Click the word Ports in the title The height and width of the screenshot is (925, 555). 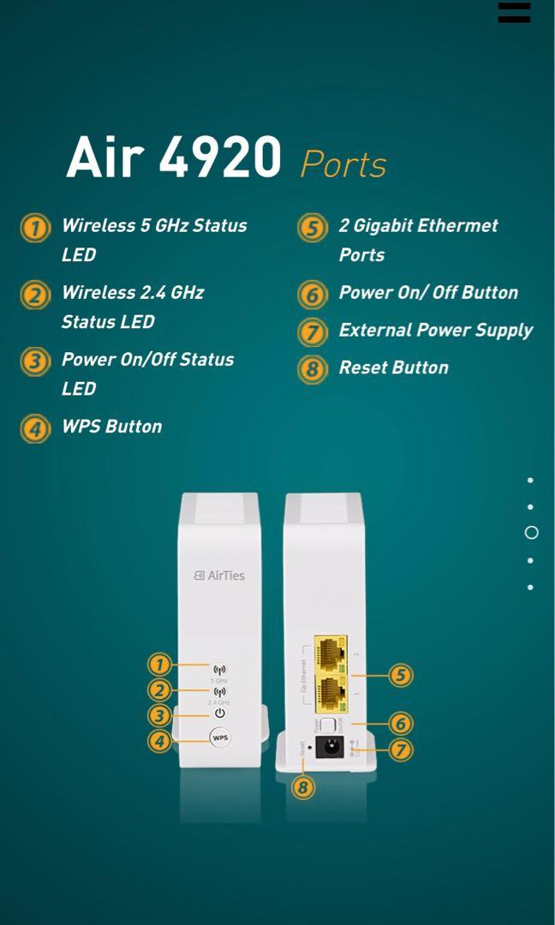click(x=343, y=164)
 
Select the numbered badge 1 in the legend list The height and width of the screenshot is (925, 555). click(x=35, y=229)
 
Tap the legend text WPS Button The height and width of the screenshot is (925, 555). click(x=111, y=427)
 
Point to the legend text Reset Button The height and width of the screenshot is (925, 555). click(x=393, y=367)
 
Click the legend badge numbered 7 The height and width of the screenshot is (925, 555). click(x=313, y=331)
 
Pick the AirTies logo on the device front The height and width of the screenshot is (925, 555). click(x=219, y=576)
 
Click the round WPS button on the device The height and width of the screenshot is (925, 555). click(x=220, y=737)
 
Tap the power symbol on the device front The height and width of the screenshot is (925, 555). click(x=220, y=713)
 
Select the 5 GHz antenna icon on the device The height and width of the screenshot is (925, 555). click(x=220, y=670)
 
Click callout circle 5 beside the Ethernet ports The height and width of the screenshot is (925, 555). click(x=400, y=676)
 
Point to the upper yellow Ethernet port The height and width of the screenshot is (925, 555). click(x=330, y=654)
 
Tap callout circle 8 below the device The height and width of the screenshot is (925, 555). click(x=303, y=787)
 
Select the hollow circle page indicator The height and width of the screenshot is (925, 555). click(x=531, y=533)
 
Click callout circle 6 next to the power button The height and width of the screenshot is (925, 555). click(x=400, y=724)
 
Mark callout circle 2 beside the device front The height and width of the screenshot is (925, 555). click(x=158, y=690)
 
